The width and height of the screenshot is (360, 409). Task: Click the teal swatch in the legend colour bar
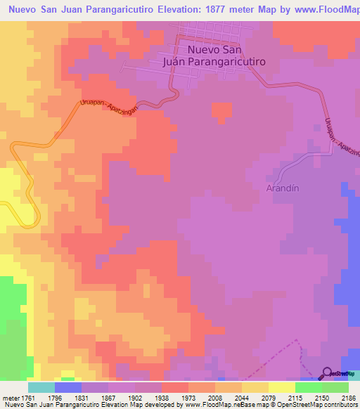(x=41, y=387)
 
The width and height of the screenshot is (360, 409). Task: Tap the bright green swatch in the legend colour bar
(x=309, y=387)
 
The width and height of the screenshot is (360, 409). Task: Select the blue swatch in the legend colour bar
(x=68, y=387)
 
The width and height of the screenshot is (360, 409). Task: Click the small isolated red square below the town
(x=221, y=111)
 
